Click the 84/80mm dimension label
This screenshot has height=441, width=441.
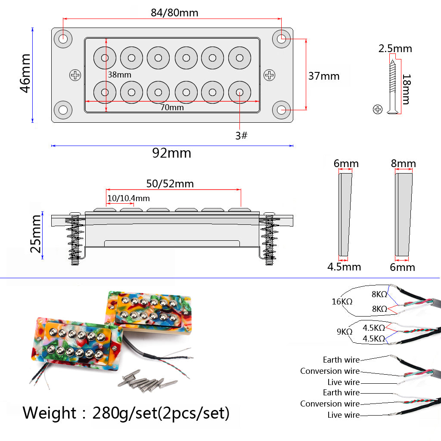click(174, 12)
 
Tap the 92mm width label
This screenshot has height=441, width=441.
click(171, 153)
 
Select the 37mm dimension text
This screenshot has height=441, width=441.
click(324, 76)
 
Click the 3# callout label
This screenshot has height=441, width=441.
click(241, 135)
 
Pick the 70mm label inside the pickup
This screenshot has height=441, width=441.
click(172, 108)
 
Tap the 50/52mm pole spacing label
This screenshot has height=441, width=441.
click(170, 184)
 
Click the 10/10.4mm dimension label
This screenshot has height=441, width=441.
click(128, 198)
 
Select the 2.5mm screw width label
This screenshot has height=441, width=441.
click(395, 49)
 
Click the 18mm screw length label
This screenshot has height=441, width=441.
click(405, 89)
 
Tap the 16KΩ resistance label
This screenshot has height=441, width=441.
click(342, 301)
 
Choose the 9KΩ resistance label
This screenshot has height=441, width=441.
click(345, 332)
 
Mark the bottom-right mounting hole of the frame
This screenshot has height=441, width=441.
click(282, 110)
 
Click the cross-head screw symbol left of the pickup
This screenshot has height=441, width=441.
click(75, 75)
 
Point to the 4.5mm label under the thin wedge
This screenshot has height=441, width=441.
click(344, 267)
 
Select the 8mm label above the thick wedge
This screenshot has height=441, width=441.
click(403, 164)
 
